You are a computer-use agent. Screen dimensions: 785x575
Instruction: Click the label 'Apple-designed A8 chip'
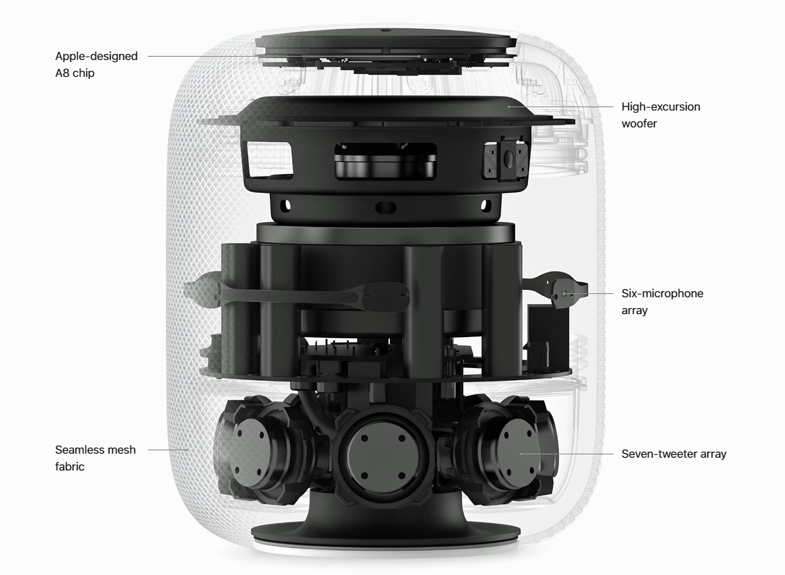coord(96,64)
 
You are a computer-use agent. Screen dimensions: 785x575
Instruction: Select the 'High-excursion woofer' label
coord(661,115)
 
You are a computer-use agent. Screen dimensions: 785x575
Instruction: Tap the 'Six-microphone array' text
coord(662,301)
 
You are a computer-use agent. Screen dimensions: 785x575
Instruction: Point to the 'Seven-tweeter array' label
coord(674,454)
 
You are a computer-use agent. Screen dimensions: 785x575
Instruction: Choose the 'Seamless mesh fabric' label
coord(95,458)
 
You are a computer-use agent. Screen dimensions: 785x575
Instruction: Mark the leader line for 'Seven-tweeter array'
coord(566,454)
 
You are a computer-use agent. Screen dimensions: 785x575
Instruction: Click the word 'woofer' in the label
coord(639,123)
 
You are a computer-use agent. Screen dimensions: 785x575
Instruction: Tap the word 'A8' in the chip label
coord(61,73)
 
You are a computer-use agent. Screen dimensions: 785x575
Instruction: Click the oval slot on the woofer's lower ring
coord(386,207)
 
